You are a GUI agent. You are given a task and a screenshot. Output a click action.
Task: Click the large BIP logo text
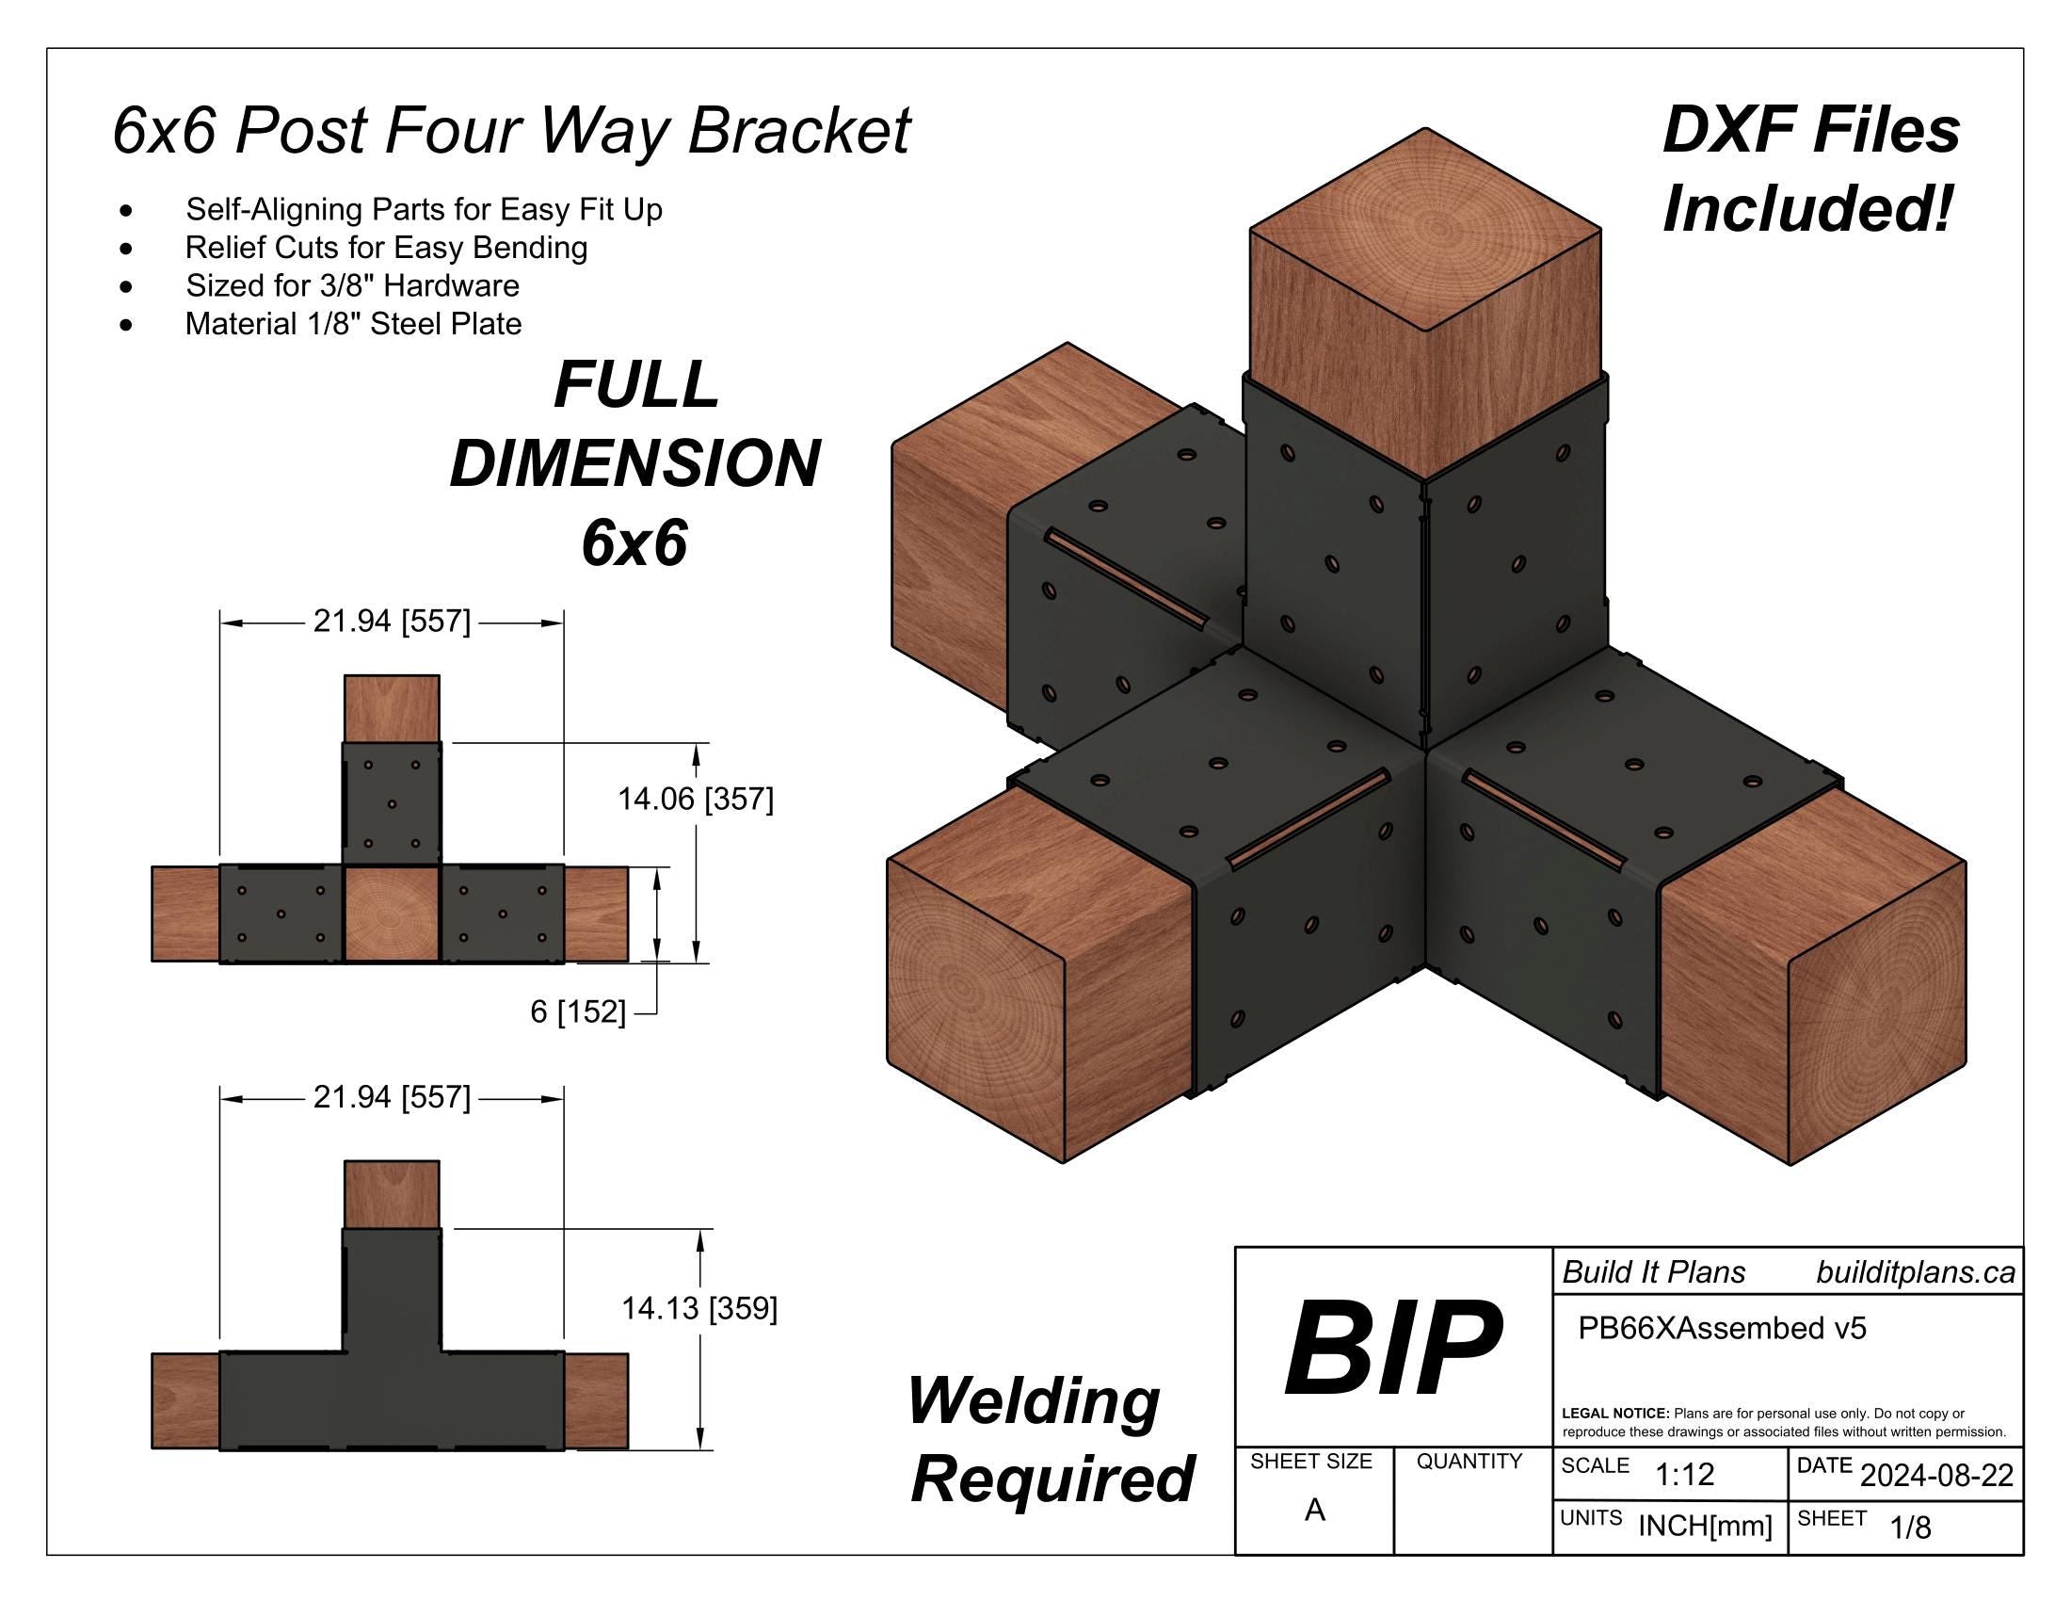tap(1392, 1349)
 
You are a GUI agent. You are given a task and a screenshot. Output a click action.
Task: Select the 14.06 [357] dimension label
tap(695, 800)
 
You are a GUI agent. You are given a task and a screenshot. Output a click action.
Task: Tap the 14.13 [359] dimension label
tap(698, 1309)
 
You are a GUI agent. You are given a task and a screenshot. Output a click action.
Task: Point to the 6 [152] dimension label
tap(577, 1012)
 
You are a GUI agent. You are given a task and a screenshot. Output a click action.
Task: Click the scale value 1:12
tap(1684, 1474)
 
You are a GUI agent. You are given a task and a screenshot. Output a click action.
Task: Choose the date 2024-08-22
tap(1936, 1476)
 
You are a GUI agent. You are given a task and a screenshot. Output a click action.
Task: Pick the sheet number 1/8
tap(1910, 1527)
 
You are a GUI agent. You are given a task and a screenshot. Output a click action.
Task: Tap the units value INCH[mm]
tap(1705, 1526)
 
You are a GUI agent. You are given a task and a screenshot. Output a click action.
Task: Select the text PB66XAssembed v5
tap(1721, 1328)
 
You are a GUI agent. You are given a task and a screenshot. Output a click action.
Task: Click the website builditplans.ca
tap(1915, 1272)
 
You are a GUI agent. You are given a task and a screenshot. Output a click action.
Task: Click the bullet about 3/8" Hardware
tap(352, 285)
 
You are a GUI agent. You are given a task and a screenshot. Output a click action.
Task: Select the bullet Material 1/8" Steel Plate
tap(353, 324)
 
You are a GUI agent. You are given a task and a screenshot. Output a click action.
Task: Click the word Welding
tap(1034, 1401)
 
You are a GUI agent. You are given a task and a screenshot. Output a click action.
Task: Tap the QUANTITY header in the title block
tap(1469, 1462)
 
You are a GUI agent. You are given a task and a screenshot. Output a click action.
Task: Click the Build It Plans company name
tap(1653, 1272)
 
